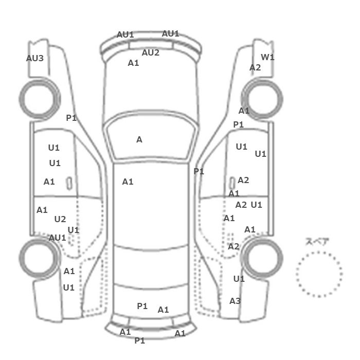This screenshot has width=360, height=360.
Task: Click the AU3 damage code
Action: coord(34,58)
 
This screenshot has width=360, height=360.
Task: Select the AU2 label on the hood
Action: coord(150,53)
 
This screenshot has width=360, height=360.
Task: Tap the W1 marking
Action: coord(267,57)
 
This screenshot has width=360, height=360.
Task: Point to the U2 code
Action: coord(60,219)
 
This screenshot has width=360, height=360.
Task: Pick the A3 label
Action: coord(235,301)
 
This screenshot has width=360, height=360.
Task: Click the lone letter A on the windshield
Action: coord(139,139)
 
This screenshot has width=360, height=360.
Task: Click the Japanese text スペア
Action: coord(314,242)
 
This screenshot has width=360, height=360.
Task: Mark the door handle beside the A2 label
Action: coord(232,184)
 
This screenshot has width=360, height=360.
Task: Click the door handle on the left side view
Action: coord(69,184)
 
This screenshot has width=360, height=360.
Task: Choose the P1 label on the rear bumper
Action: coord(139,340)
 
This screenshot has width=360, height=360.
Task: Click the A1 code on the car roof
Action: coord(128,182)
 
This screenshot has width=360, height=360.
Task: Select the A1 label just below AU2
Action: coord(133,63)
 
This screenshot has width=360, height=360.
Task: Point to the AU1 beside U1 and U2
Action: coord(58,238)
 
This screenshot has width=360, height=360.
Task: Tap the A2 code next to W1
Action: coord(255,68)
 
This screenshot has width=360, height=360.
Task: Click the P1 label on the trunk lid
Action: coord(142,306)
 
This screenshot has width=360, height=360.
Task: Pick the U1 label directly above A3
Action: coord(239,279)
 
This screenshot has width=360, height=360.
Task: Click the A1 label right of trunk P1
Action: coord(163,310)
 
